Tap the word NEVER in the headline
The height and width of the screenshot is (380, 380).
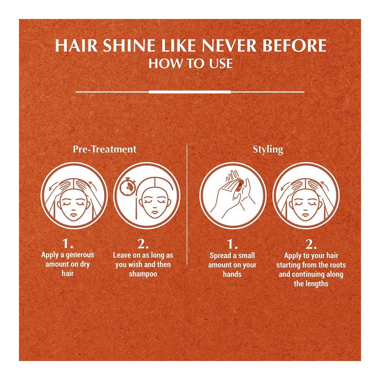230,45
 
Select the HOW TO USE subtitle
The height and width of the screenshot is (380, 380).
190,63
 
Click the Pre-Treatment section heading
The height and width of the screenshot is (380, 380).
104,149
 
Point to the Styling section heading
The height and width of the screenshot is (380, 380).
268,149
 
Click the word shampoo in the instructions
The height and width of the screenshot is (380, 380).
143,274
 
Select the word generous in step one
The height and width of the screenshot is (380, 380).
80,255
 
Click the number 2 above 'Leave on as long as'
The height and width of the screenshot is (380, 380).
143,244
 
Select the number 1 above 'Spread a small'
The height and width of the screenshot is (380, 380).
232,244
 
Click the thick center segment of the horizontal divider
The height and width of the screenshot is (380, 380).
190,92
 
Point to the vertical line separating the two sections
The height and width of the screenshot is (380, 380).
187,204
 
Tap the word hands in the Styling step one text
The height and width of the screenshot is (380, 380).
232,274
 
